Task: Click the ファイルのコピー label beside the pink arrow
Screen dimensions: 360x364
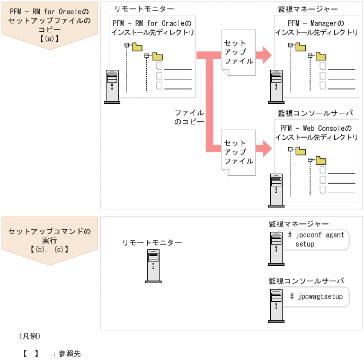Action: coord(189,117)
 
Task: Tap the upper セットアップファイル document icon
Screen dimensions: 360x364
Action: coord(238,52)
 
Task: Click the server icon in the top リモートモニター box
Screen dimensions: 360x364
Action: coord(112,86)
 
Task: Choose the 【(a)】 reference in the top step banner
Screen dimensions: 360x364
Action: coord(49,38)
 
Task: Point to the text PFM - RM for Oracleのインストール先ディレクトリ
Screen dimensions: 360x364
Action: coord(153,28)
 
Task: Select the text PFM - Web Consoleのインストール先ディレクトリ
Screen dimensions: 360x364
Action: coord(316,133)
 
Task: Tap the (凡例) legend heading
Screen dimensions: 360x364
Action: coord(30,336)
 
